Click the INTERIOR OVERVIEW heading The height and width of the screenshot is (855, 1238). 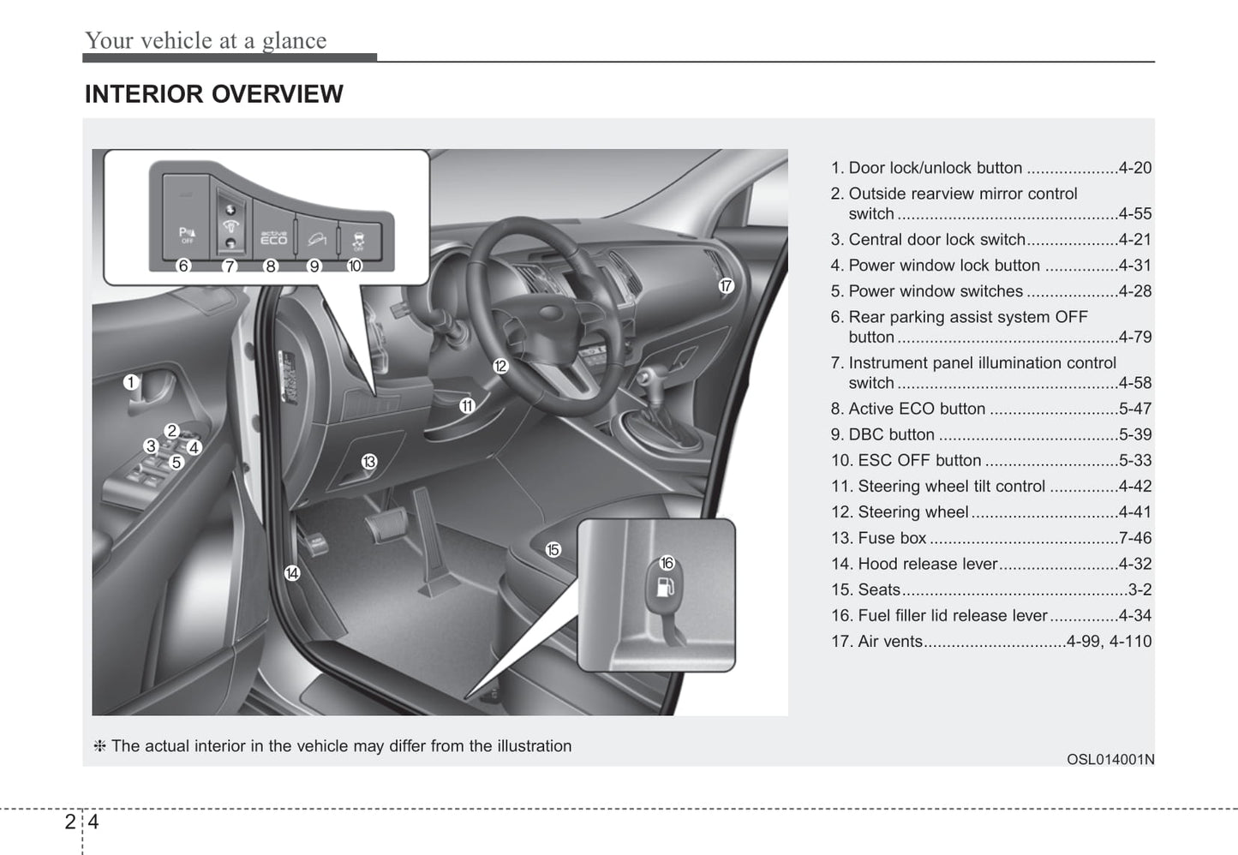[213, 94]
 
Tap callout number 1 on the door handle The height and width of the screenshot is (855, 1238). [130, 382]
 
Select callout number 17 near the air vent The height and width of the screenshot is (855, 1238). [726, 286]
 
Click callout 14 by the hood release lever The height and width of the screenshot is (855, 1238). [292, 573]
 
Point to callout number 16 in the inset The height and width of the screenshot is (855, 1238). [667, 563]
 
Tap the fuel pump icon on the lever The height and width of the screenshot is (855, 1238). [666, 588]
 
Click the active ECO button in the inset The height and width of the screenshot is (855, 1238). [273, 236]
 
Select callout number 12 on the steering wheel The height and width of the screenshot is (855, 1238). [500, 366]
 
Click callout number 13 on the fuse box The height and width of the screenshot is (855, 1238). [368, 462]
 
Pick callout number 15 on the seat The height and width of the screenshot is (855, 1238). [553, 549]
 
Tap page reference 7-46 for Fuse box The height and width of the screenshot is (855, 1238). [1134, 538]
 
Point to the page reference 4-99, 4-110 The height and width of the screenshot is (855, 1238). [1109, 641]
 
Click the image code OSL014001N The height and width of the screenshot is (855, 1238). [1109, 759]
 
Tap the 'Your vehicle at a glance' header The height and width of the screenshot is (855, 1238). [206, 40]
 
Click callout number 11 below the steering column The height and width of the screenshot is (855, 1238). [466, 406]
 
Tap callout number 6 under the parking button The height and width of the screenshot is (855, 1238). [183, 266]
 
